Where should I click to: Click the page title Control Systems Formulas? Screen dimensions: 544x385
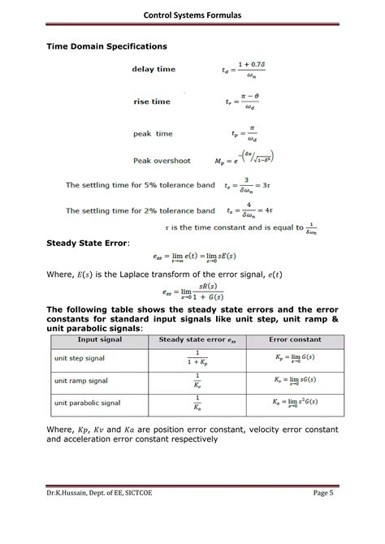192,15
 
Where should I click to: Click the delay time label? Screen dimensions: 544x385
154,70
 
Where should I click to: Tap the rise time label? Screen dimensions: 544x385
152,101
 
